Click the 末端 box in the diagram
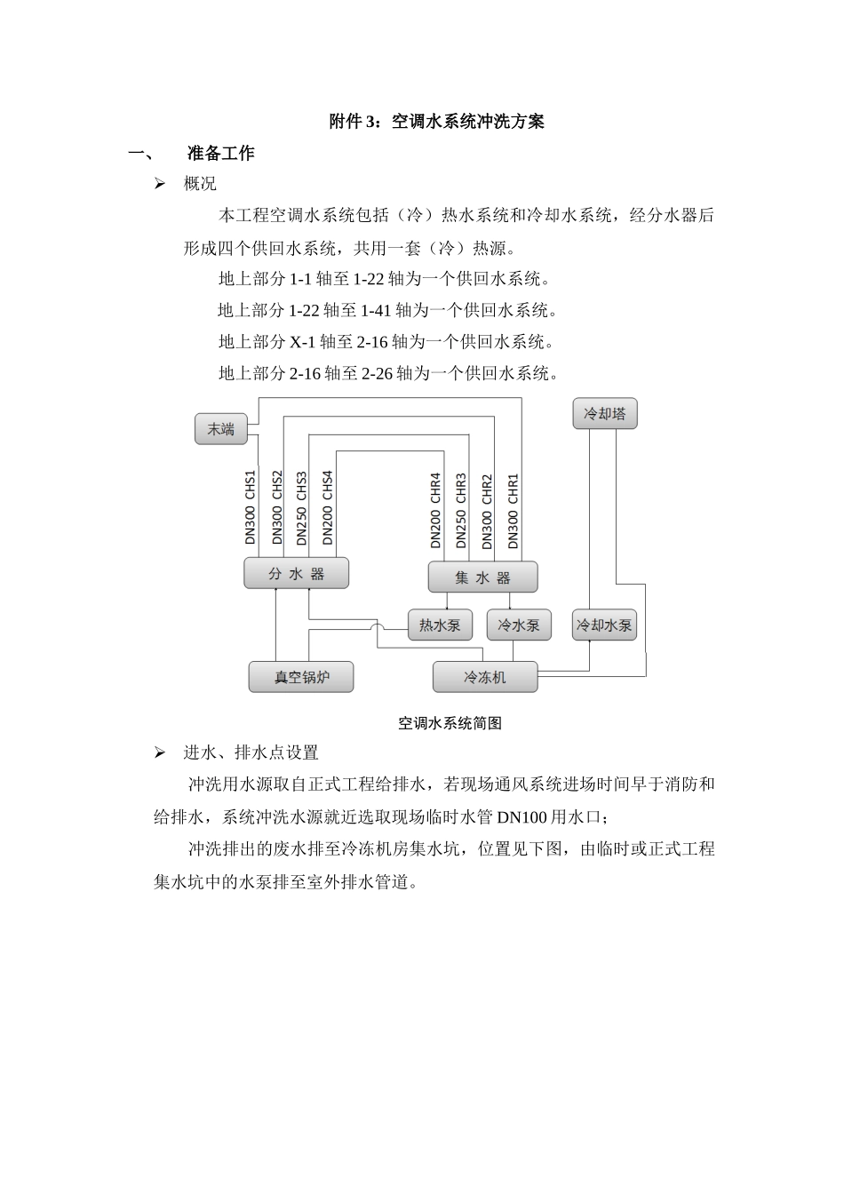click(221, 429)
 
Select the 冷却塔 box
click(605, 414)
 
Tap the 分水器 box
click(297, 574)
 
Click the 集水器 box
click(482, 577)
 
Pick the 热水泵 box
click(440, 625)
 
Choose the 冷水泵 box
click(519, 625)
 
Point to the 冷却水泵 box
click(604, 625)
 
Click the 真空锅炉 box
click(301, 677)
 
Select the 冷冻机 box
click(485, 677)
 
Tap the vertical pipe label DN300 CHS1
click(251, 507)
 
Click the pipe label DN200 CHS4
click(328, 507)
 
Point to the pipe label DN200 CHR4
click(435, 510)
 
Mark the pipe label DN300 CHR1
click(513, 510)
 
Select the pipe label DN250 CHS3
click(302, 507)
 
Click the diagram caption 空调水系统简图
click(450, 723)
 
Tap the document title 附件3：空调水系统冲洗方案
click(437, 122)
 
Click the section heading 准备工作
click(221, 154)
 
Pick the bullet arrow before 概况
click(160, 184)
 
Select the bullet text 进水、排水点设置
click(251, 753)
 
